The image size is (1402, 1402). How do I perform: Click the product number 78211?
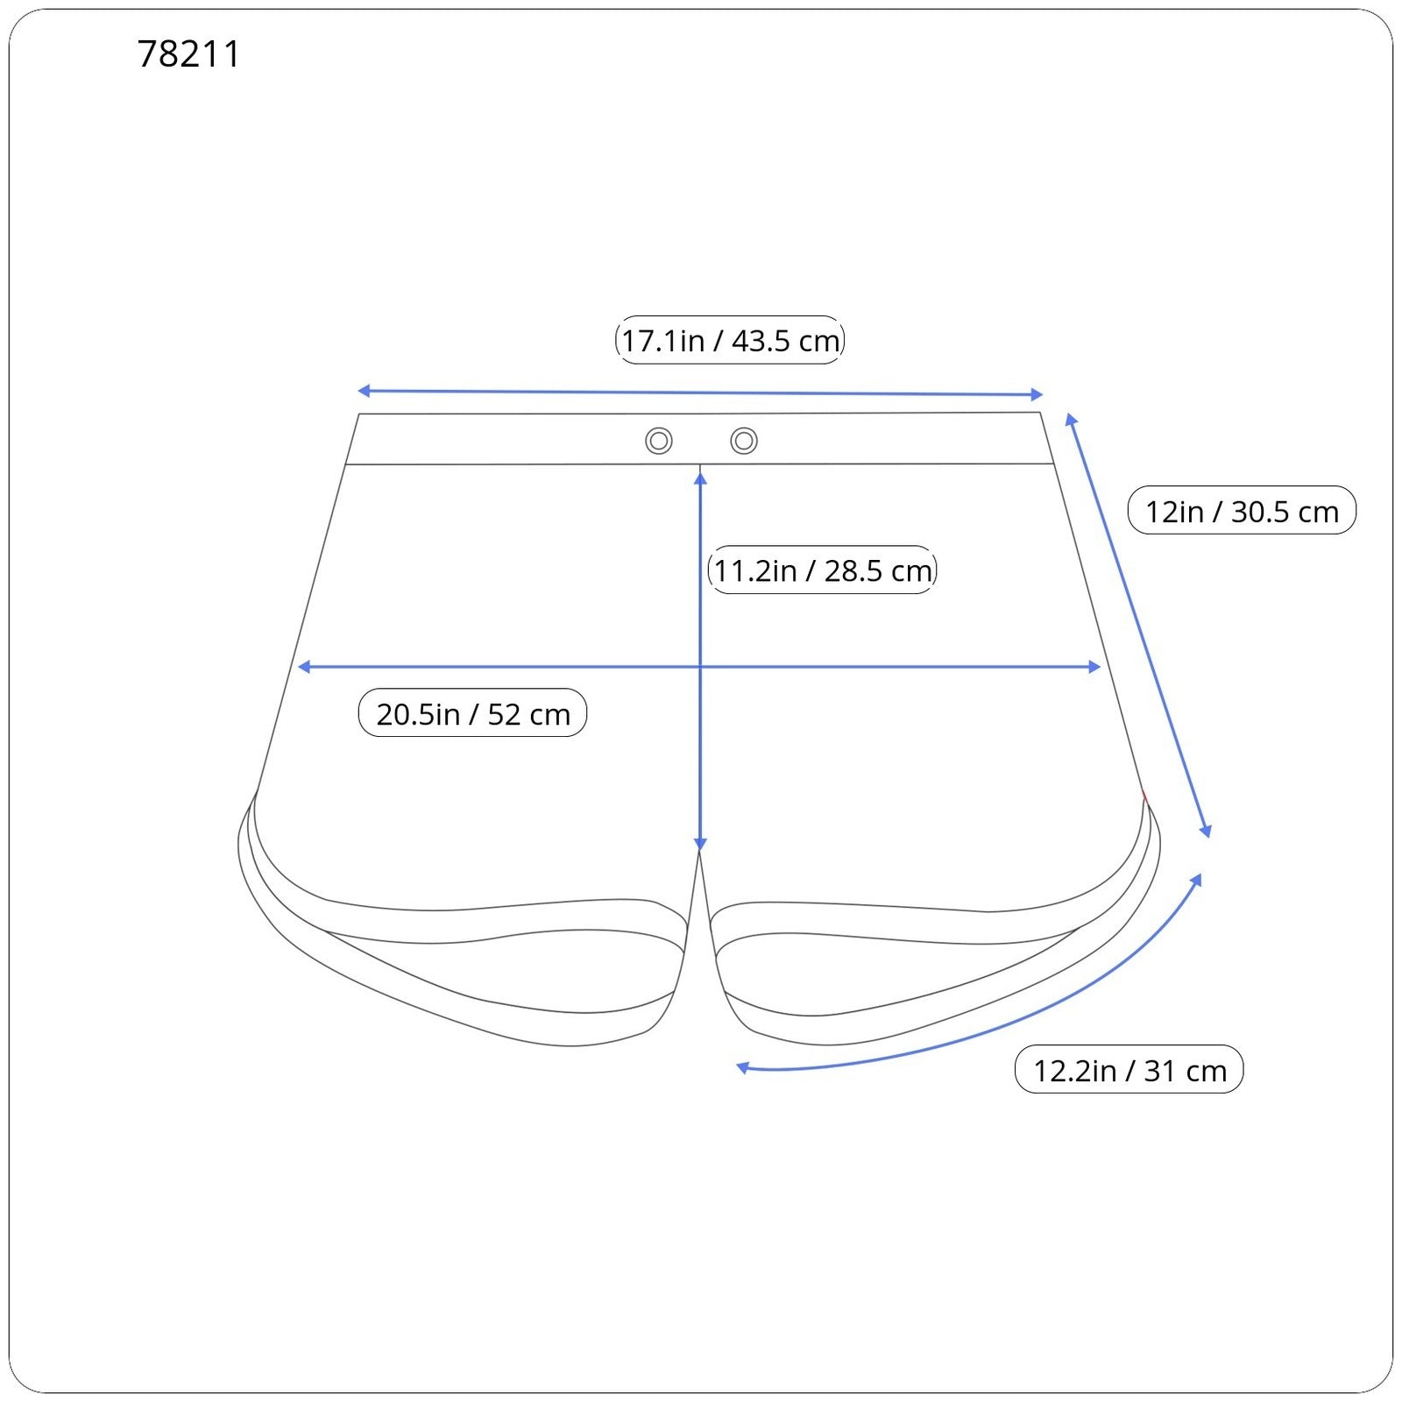(188, 54)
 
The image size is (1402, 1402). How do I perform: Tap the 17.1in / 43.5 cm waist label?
(730, 340)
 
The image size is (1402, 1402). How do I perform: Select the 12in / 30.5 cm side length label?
(1242, 511)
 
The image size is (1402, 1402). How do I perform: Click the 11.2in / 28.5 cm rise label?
(822, 570)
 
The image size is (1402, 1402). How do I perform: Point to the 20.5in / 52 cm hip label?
(473, 713)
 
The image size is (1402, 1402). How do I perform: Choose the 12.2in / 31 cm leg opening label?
(1129, 1070)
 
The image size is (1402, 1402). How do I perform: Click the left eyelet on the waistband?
(659, 441)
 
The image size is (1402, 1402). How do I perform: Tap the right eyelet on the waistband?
(744, 441)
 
